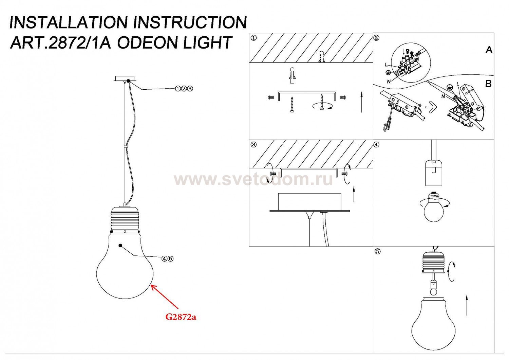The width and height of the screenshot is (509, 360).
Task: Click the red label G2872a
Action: click(181, 317)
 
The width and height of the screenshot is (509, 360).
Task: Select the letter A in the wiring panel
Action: click(489, 50)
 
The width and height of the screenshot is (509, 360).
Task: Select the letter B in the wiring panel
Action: click(488, 84)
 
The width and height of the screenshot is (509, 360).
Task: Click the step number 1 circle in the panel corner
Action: click(253, 38)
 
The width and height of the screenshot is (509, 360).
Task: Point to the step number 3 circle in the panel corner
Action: click(253, 145)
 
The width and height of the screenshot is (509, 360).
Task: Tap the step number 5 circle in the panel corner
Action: click(377, 252)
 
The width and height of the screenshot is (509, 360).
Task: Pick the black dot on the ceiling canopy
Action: click(128, 81)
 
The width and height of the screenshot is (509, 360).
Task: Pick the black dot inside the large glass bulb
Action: click(120, 246)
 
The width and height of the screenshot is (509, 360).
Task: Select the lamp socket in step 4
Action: click(434, 173)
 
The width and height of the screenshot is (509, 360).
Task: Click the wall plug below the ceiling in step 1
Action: click(292, 76)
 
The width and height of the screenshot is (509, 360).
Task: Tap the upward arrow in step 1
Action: click(361, 102)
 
